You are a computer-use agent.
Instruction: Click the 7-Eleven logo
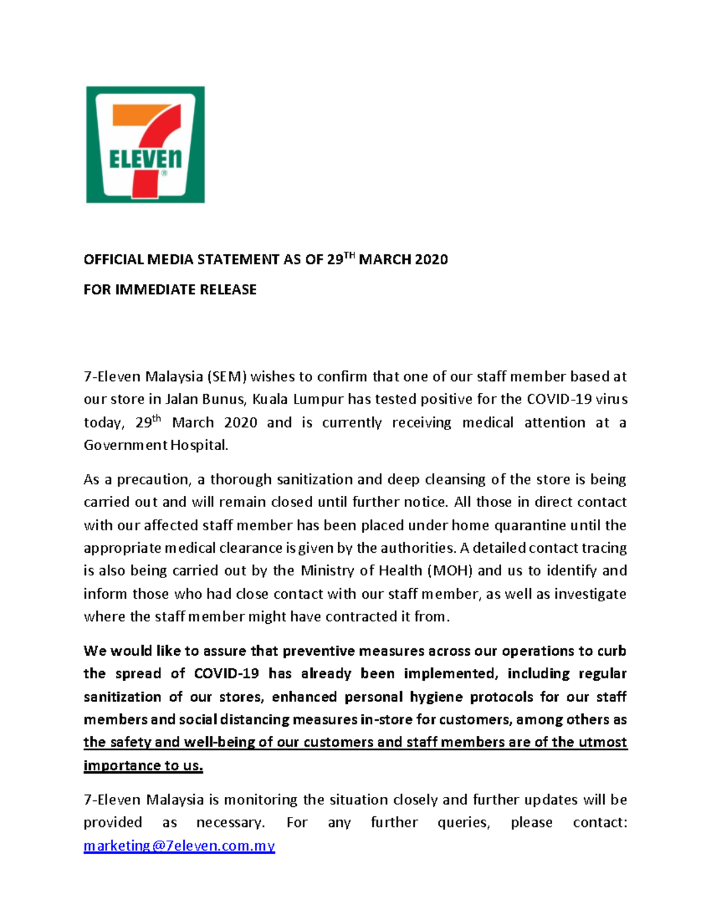click(145, 145)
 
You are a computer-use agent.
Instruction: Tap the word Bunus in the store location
click(218, 399)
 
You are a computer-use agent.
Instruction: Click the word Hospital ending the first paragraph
click(199, 445)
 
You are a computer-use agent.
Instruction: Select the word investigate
click(590, 594)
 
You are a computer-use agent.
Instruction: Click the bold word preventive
click(318, 651)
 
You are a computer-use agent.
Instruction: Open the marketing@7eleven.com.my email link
click(179, 846)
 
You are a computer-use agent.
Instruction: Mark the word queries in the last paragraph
click(463, 823)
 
